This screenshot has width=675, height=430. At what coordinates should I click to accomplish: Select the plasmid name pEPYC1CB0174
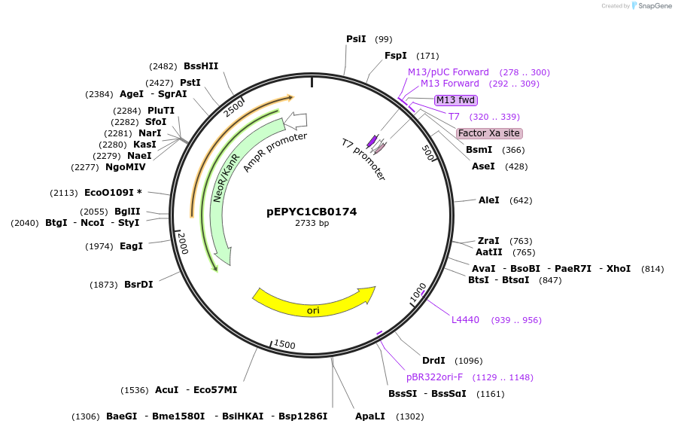312,212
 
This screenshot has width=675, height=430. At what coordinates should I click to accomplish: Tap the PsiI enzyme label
356,39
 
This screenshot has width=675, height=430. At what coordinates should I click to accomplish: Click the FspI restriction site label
396,56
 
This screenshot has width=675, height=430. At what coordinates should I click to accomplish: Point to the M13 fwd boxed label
456,100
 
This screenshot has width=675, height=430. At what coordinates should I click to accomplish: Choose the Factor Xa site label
489,133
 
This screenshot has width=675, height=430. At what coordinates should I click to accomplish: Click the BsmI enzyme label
479,150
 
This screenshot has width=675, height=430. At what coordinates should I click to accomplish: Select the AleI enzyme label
489,200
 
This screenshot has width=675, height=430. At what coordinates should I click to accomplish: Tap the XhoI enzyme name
619,269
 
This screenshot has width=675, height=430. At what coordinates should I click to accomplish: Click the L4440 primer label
465,320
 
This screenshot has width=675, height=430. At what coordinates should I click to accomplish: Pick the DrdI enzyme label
433,361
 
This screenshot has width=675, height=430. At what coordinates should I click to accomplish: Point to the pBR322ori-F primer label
434,377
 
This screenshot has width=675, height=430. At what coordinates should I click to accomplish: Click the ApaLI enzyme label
370,416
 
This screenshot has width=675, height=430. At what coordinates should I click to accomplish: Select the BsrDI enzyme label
138,285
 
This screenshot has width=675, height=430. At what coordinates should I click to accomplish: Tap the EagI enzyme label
131,246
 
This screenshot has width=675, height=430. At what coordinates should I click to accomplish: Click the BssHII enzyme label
201,66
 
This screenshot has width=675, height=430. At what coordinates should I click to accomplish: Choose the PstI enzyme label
190,83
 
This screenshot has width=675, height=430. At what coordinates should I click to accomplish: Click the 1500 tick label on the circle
284,345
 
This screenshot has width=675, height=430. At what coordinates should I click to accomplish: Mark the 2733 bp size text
312,224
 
